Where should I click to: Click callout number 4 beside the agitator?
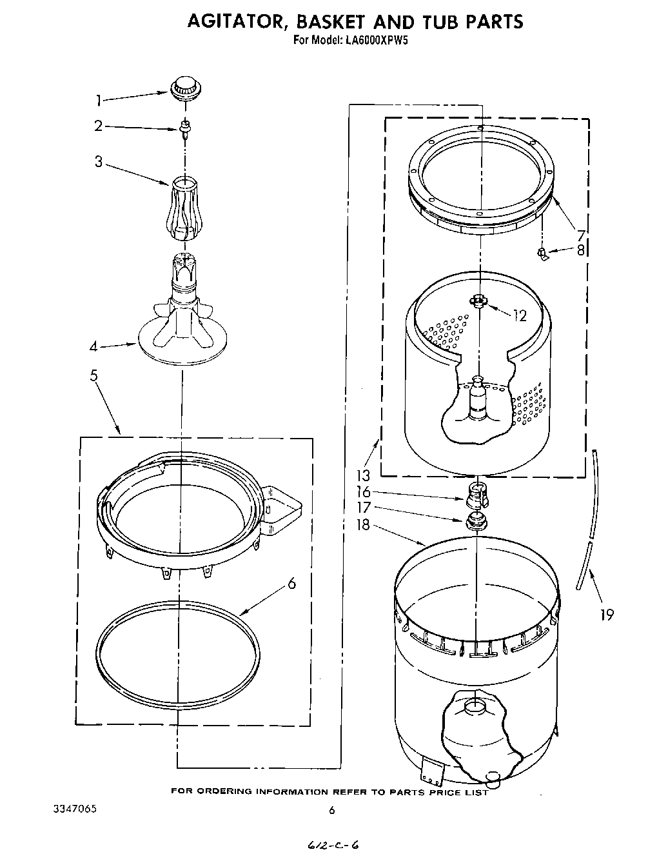click(94, 346)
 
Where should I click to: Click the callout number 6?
click(291, 584)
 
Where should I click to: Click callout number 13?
click(364, 476)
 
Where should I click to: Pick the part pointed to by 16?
click(474, 495)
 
